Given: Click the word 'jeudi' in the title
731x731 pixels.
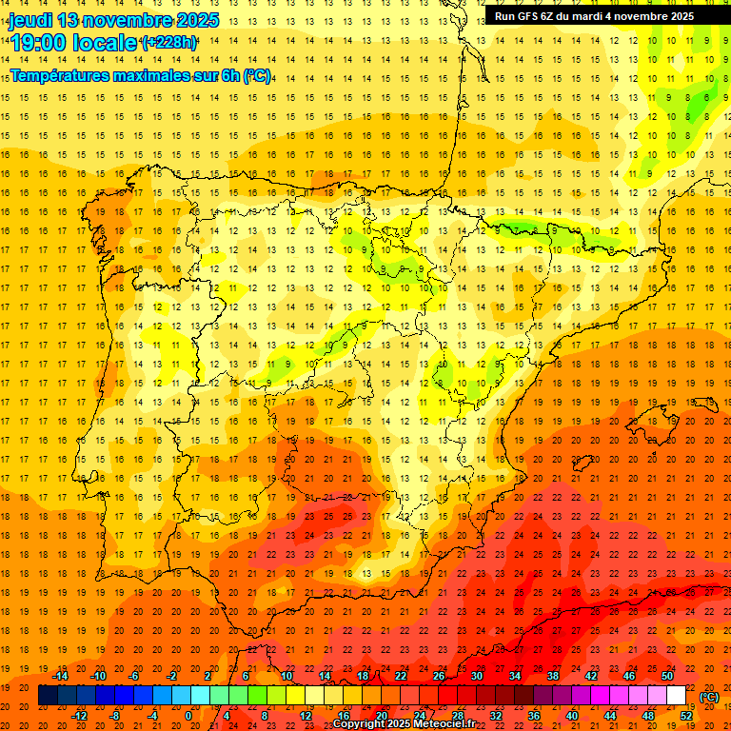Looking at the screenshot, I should pos(30,20).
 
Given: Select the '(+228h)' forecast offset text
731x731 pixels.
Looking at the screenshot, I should pos(168,42).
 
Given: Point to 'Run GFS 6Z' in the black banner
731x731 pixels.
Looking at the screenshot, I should pos(526,16).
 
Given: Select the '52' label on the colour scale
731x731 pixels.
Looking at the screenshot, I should pos(686,715).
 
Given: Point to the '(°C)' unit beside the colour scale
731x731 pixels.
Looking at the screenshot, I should pos(709,697).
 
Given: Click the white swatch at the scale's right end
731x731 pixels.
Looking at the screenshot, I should pos(677,696).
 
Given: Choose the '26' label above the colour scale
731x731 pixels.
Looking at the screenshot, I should pos(439,677).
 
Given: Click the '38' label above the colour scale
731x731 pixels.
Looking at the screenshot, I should pos(553,677).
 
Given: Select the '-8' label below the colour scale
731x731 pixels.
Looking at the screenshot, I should pos(115,715).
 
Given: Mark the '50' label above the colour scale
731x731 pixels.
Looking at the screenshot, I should pos(667,677).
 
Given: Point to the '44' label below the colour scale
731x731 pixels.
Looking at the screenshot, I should pos(610,715).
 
